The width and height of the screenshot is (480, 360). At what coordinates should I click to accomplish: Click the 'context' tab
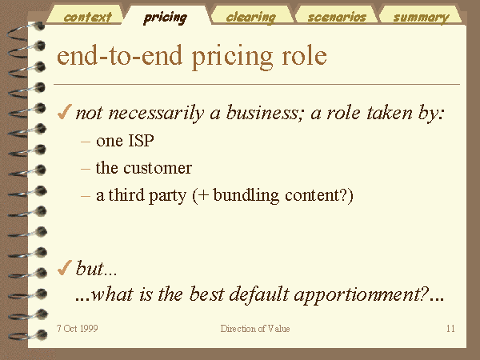pyautogui.click(x=87, y=17)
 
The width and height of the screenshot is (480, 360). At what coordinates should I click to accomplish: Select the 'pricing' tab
pyautogui.click(x=166, y=17)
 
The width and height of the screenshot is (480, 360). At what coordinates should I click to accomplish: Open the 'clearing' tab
pyautogui.click(x=250, y=17)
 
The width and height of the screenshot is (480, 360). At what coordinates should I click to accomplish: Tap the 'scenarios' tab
pyautogui.click(x=337, y=17)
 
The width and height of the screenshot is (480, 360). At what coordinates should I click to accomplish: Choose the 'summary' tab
pyautogui.click(x=422, y=17)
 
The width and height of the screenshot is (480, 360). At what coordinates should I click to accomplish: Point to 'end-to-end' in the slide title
pyautogui.click(x=120, y=56)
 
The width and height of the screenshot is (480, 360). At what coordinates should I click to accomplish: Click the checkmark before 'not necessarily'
pyautogui.click(x=65, y=112)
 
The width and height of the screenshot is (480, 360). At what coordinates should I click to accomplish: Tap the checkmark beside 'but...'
pyautogui.click(x=65, y=267)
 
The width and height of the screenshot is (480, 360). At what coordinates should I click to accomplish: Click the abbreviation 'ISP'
pyautogui.click(x=141, y=141)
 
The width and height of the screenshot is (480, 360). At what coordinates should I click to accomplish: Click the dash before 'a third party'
pyautogui.click(x=86, y=196)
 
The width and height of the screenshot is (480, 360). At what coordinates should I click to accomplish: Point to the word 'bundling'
pyautogui.click(x=246, y=195)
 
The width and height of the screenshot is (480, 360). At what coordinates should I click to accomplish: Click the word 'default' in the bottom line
pyautogui.click(x=258, y=294)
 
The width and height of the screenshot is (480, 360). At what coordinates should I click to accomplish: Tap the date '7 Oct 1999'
pyautogui.click(x=77, y=329)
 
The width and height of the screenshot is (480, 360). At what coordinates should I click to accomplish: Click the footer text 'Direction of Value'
pyautogui.click(x=255, y=329)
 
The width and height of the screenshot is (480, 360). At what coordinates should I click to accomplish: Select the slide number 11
pyautogui.click(x=450, y=329)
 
